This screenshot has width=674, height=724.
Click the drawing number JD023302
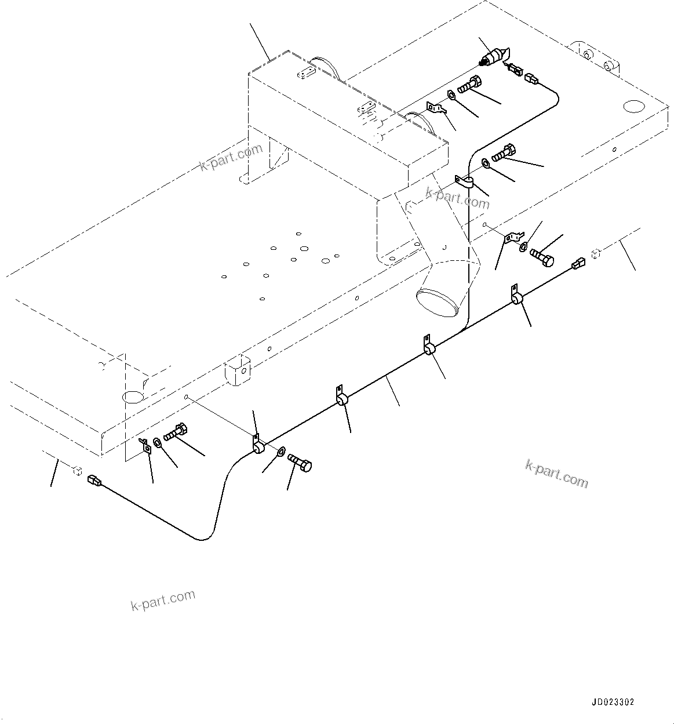613,702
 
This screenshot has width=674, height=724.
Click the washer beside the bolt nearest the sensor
451,94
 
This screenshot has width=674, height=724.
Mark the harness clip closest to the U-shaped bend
258,445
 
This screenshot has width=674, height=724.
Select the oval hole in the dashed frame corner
133,396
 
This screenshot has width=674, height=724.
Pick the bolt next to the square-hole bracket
174,432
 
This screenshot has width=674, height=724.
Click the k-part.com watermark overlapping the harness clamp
458,197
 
